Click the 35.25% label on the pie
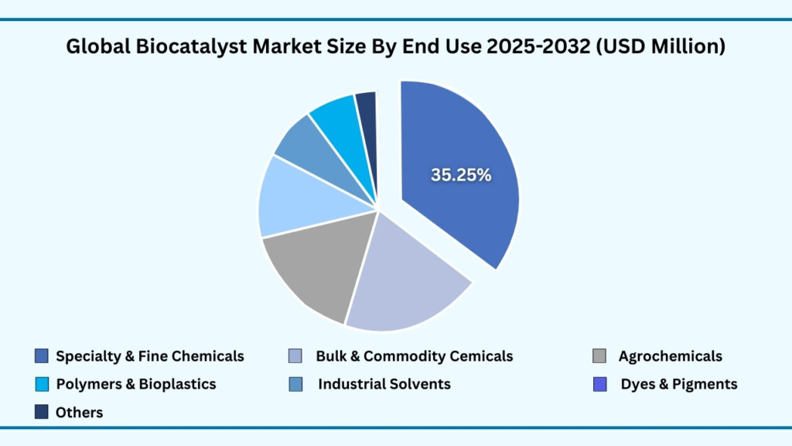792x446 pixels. tap(461, 175)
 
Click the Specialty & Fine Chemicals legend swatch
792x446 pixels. tap(42, 356)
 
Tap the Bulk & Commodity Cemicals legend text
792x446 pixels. tap(414, 356)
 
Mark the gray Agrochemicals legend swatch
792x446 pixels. tap(599, 356)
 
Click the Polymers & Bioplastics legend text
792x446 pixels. tap(136, 384)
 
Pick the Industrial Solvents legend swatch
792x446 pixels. tap(295, 384)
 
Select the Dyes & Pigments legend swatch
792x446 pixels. tap(599, 384)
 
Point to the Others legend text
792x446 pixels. tap(79, 413)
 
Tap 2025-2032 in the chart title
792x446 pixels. tap(548, 47)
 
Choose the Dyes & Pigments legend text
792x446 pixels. tap(679, 384)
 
